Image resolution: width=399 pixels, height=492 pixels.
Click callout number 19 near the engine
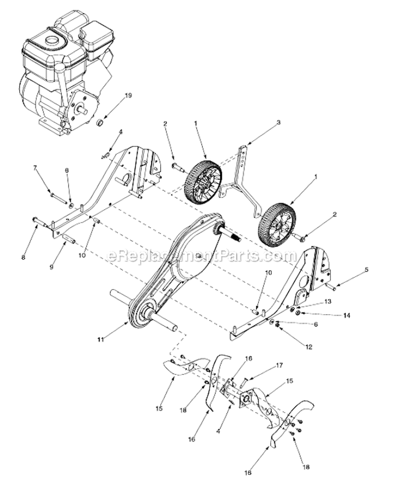pyautogui.click(x=112, y=96)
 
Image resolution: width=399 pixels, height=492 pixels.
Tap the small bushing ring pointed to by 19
pyautogui.click(x=99, y=125)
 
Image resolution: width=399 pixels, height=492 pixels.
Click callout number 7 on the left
pyautogui.click(x=35, y=168)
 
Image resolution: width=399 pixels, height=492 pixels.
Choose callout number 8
pyautogui.click(x=23, y=257)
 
